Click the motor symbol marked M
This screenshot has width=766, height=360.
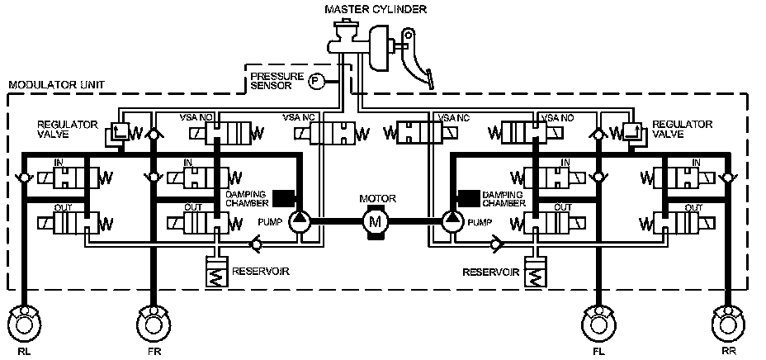[x=376, y=222]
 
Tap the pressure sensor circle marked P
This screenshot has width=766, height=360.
[x=316, y=82]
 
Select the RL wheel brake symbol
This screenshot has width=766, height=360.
[x=25, y=323]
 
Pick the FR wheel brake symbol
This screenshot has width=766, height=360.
[x=154, y=323]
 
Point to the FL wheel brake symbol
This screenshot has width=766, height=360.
[x=598, y=323]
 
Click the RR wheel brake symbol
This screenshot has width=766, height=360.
[x=728, y=323]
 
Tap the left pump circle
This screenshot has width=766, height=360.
[x=300, y=222]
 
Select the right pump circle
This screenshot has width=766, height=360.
[x=452, y=222]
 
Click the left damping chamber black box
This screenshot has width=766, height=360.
[x=283, y=198]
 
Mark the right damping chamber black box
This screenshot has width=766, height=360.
[x=469, y=198]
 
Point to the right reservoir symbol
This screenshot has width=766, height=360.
[x=536, y=272]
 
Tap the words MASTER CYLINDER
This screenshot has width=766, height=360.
[x=376, y=9]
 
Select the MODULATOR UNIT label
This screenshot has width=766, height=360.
[x=57, y=85]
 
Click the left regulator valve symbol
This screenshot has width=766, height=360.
[x=119, y=134]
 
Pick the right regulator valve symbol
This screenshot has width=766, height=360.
[x=634, y=134]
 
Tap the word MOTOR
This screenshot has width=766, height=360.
[x=377, y=199]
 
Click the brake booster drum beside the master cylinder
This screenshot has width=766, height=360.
[x=382, y=50]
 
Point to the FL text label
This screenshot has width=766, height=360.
[x=598, y=351]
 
